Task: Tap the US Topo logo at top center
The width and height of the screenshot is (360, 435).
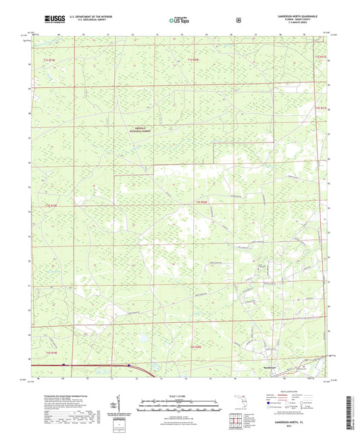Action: (x=179, y=20)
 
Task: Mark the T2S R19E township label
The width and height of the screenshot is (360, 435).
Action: (x=51, y=207)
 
